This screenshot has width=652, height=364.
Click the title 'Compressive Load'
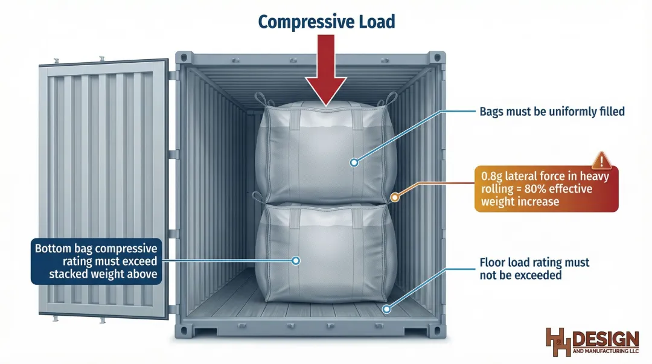click(326, 22)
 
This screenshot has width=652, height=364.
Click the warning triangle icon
click(601, 161)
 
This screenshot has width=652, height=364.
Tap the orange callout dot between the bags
click(395, 196)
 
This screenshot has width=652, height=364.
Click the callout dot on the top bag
click(354, 162)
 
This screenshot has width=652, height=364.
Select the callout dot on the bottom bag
click(295, 261)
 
